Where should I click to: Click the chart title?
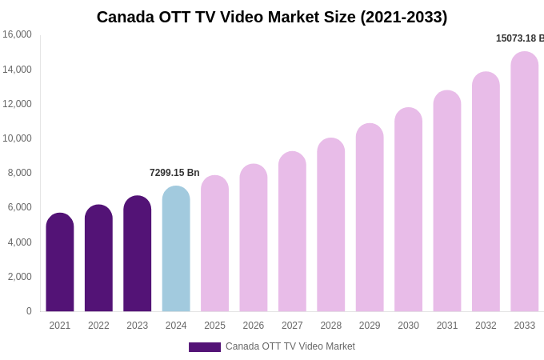tap(272, 17)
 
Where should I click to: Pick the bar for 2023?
tap(138, 254)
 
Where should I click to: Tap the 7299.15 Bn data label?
tap(174, 173)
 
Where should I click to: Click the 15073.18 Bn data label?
tap(519, 38)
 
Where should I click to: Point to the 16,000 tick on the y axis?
tap(17, 34)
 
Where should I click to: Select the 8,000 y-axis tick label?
tap(20, 173)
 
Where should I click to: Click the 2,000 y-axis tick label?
tap(20, 277)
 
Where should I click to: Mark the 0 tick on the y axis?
tap(29, 311)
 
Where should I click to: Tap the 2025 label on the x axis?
tap(214, 326)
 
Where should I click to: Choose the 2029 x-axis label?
tap(370, 326)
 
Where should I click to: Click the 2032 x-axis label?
tap(486, 326)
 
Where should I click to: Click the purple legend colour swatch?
tap(205, 347)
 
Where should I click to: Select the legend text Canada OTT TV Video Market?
tap(290, 346)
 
